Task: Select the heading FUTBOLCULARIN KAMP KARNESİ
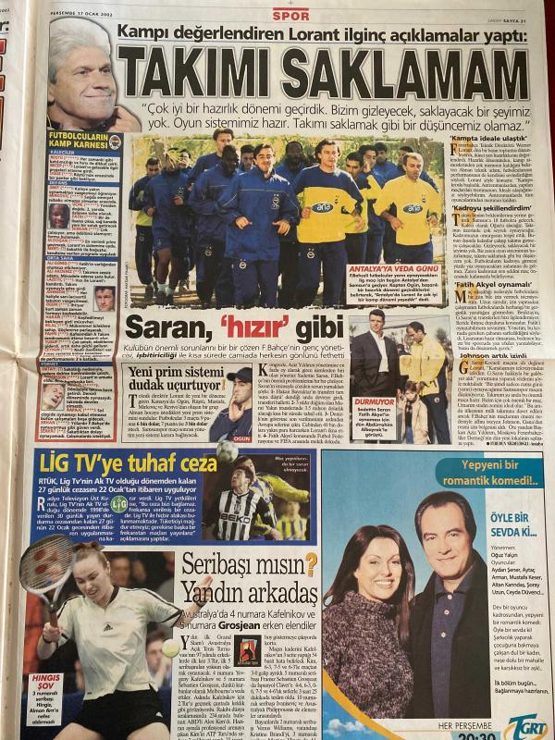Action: click(x=78, y=141)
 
